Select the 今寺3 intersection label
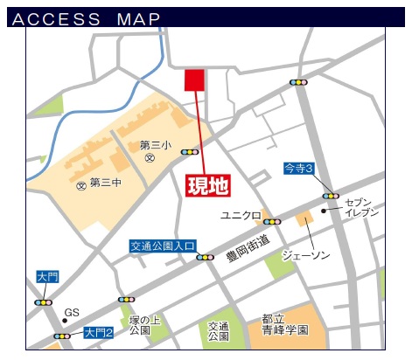pyautogui.click(x=298, y=167)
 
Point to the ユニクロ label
pyautogui.click(x=241, y=216)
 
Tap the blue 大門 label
pyautogui.click(x=47, y=276)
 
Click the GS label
pyautogui.click(x=72, y=312)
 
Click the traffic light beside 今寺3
pyautogui.click(x=331, y=196)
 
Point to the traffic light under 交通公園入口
pyautogui.click(x=206, y=257)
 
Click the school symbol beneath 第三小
pyautogui.click(x=150, y=159)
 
